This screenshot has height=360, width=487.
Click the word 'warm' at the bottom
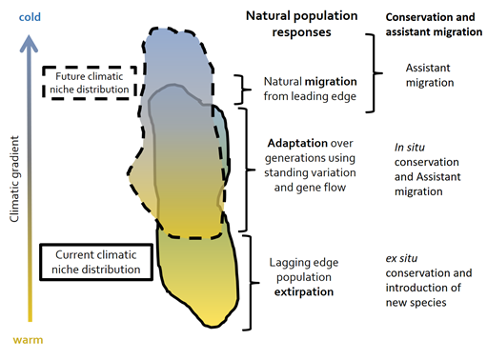[x=27, y=339]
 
